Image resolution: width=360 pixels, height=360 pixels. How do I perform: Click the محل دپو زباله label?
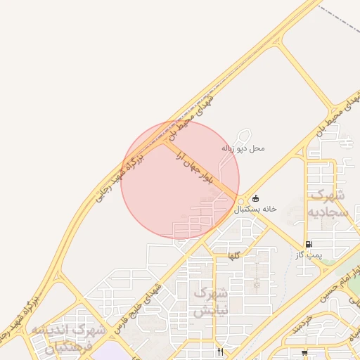[243, 148]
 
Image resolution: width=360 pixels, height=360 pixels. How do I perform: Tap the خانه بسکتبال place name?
[255, 210]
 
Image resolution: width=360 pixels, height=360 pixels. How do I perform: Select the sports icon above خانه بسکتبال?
[255, 198]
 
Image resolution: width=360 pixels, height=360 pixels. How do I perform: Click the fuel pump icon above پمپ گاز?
[309, 243]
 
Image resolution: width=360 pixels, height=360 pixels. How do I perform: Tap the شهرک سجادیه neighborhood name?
[328, 202]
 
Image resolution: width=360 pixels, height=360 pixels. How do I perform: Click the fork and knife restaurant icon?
[221, 352]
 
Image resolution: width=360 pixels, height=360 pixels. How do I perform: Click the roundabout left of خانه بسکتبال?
[241, 200]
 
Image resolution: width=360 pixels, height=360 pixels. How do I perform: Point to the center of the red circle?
[180, 179]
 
